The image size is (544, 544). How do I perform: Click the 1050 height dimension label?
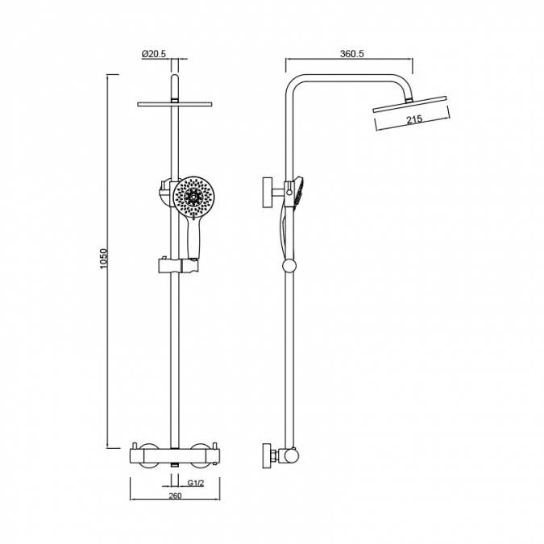104,259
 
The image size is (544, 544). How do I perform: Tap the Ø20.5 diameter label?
154,54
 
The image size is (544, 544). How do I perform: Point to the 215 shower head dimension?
414,120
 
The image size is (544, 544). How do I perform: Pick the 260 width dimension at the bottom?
175,496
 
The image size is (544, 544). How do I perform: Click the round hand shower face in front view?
194,197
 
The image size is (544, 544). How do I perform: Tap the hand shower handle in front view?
193,239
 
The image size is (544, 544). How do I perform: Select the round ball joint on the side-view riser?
291,266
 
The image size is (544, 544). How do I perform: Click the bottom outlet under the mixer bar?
175,465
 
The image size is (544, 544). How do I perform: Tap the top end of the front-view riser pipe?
175,80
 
